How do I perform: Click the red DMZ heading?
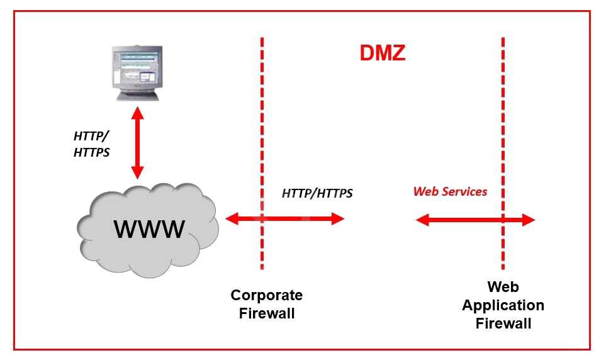click(382, 53)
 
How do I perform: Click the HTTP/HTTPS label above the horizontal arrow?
click(317, 193)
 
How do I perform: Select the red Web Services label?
click(450, 191)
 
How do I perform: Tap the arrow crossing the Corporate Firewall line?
click(285, 219)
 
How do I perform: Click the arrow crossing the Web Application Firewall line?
click(475, 220)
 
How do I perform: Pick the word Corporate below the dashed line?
click(266, 295)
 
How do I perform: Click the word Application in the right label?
click(503, 305)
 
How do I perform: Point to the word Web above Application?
click(503, 287)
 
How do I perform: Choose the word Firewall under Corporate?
click(266, 313)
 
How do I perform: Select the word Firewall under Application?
click(503, 323)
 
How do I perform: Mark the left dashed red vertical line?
click(262, 126)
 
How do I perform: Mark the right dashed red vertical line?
click(503, 126)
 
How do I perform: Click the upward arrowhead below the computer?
click(137, 114)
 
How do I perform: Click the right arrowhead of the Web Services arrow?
click(528, 220)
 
